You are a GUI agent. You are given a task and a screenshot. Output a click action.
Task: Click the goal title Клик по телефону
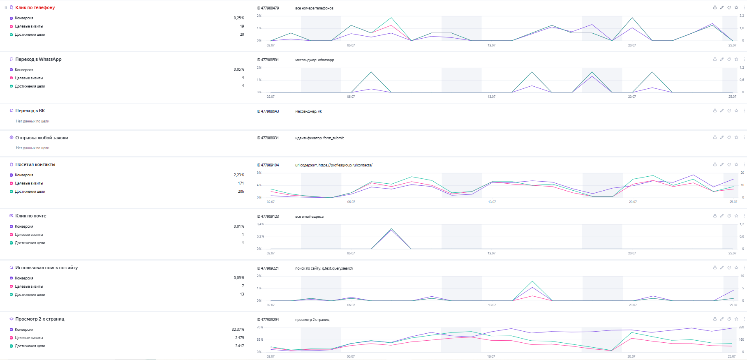(x=35, y=7)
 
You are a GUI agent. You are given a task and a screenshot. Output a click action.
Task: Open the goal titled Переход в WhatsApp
(x=38, y=59)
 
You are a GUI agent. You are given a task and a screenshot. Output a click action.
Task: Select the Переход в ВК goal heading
(x=30, y=111)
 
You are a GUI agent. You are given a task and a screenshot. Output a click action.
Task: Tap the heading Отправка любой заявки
(x=42, y=138)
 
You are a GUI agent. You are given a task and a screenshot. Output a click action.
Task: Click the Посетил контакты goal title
(x=35, y=164)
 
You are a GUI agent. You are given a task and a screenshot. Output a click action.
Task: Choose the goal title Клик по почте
(x=31, y=216)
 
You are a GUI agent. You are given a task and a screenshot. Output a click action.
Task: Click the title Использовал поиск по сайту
(x=46, y=268)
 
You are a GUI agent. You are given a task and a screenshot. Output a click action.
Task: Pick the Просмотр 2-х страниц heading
(x=40, y=319)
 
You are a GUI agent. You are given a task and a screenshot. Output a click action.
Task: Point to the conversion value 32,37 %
(x=238, y=330)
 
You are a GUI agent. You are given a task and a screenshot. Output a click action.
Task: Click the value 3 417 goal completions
(x=239, y=346)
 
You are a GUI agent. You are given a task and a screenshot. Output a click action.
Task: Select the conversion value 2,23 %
(x=239, y=175)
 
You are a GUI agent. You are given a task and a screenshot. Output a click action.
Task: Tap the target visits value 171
(x=241, y=183)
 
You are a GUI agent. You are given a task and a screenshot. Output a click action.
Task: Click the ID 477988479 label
(x=268, y=8)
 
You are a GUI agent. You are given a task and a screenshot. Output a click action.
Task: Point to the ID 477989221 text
(x=268, y=268)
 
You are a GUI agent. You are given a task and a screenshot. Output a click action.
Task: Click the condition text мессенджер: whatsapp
(x=315, y=60)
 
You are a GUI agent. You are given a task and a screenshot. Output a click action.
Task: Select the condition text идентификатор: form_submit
(x=319, y=138)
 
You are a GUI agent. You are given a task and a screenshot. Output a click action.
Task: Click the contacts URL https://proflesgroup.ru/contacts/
(x=345, y=165)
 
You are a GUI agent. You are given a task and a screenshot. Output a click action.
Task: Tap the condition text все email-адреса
(x=309, y=217)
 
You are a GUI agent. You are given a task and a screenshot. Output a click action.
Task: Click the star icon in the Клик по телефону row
(x=736, y=7)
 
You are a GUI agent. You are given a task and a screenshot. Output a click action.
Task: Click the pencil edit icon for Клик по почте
(x=722, y=216)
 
